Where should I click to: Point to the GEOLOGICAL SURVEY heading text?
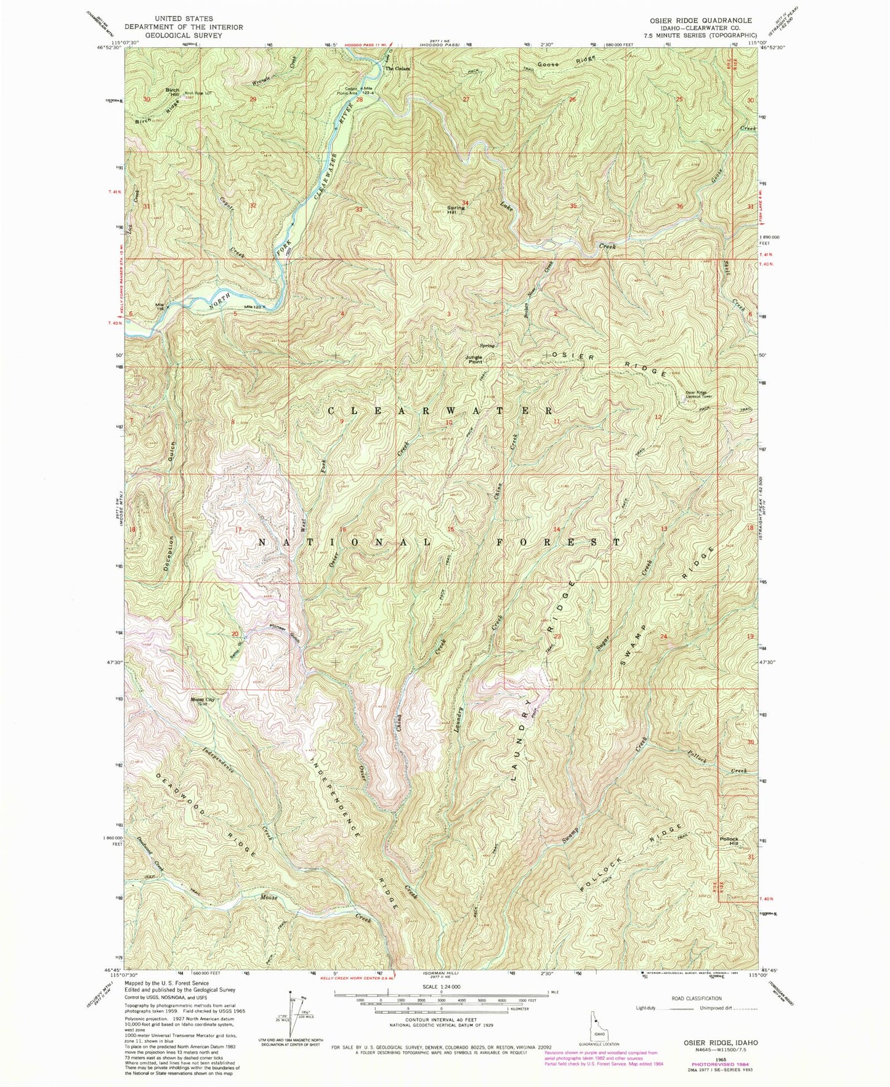click(x=184, y=35)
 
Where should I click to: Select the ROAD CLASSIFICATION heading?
click(x=689, y=998)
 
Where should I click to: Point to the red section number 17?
click(x=238, y=529)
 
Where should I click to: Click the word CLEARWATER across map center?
click(x=439, y=411)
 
